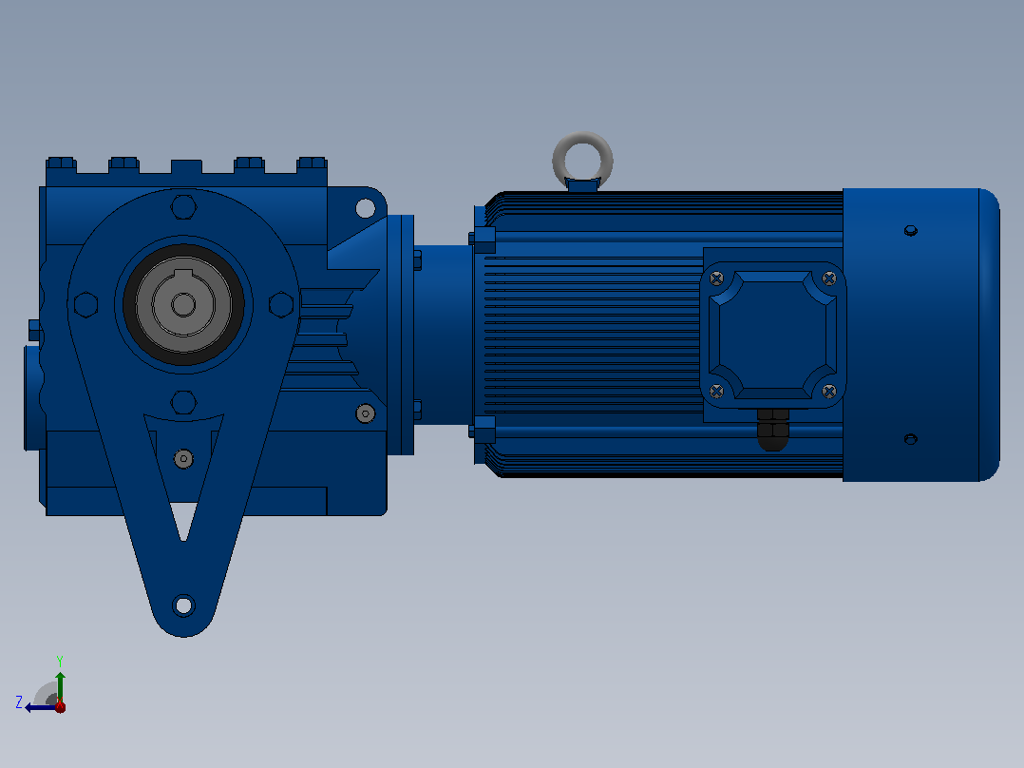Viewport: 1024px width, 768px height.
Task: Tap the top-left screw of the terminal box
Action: point(716,279)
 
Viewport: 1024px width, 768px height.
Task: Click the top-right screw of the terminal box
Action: point(828,279)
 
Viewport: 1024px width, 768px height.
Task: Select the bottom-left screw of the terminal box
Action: point(716,392)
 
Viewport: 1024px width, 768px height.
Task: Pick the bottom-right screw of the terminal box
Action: point(828,392)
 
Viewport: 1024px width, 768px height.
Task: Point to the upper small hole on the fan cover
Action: point(910,231)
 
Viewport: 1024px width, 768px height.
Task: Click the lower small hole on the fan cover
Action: point(910,439)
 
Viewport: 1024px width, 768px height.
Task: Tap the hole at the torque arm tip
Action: point(183,605)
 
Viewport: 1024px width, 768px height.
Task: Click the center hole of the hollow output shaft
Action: point(183,304)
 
